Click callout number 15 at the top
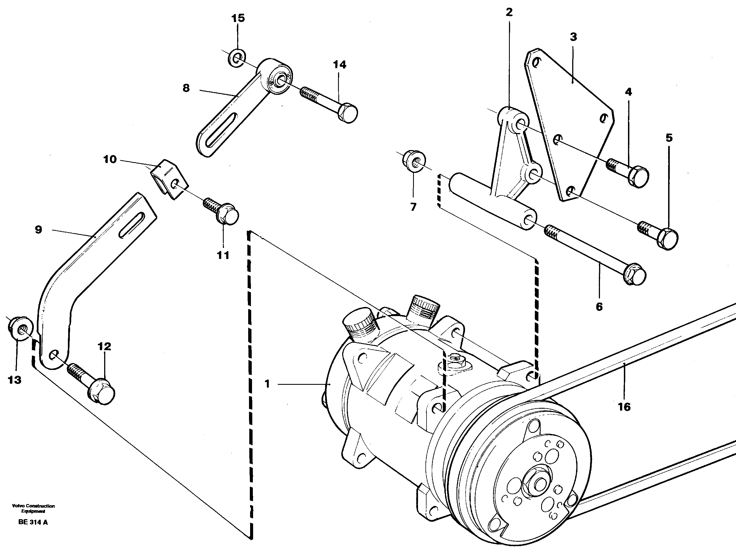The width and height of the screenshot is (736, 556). point(238,18)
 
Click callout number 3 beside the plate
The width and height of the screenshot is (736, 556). point(573,37)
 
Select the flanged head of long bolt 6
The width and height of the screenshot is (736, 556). point(635,275)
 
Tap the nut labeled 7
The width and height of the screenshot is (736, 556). point(413,162)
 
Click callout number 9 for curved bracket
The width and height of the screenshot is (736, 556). point(38,229)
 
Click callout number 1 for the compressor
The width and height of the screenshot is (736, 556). point(267,384)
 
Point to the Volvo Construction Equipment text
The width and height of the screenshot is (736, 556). point(33,508)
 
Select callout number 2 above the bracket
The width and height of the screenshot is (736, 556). point(509,12)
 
